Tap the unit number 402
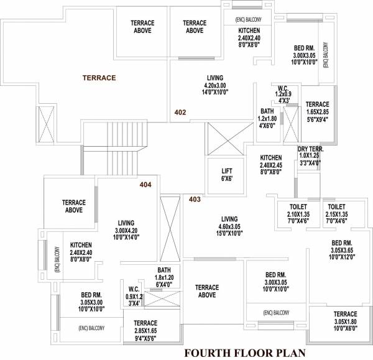pos(180,113)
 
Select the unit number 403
pos(195,200)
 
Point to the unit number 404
pos(145,185)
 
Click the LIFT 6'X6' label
pos(227,175)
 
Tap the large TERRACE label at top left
pos(99,78)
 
